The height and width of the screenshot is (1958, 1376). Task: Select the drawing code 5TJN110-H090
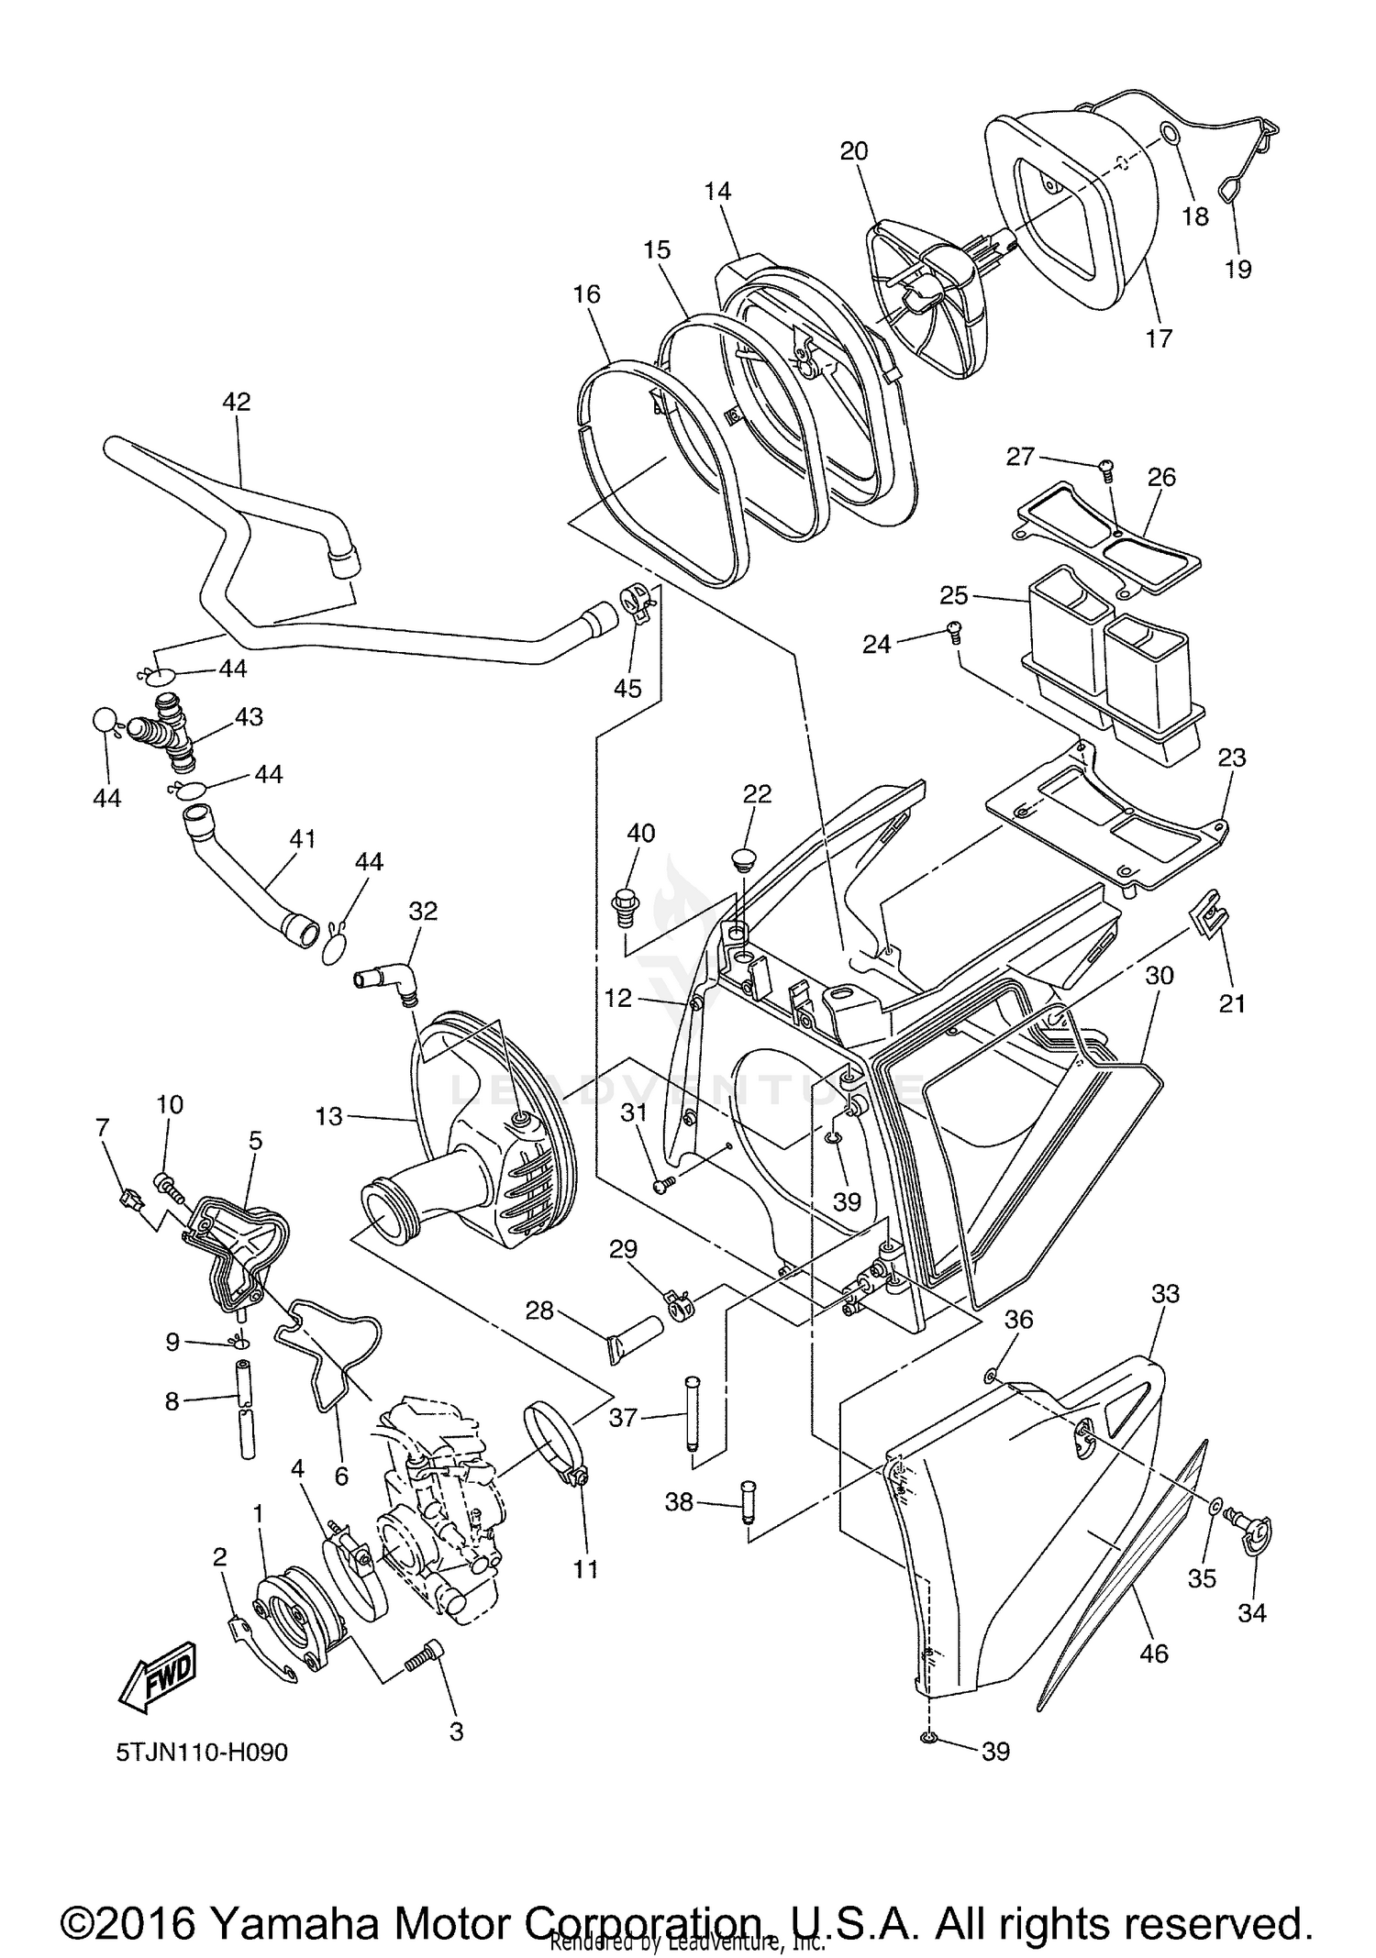tap(202, 1753)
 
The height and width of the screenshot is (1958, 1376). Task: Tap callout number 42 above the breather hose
tap(236, 402)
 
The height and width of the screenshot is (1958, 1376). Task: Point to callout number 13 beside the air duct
tap(328, 1116)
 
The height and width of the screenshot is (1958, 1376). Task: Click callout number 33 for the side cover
tap(1165, 1294)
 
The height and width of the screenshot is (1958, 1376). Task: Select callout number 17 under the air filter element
tap(1160, 338)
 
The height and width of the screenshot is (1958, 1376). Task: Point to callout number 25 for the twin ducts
tap(954, 595)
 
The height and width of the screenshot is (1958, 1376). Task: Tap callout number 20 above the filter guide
tap(854, 150)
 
